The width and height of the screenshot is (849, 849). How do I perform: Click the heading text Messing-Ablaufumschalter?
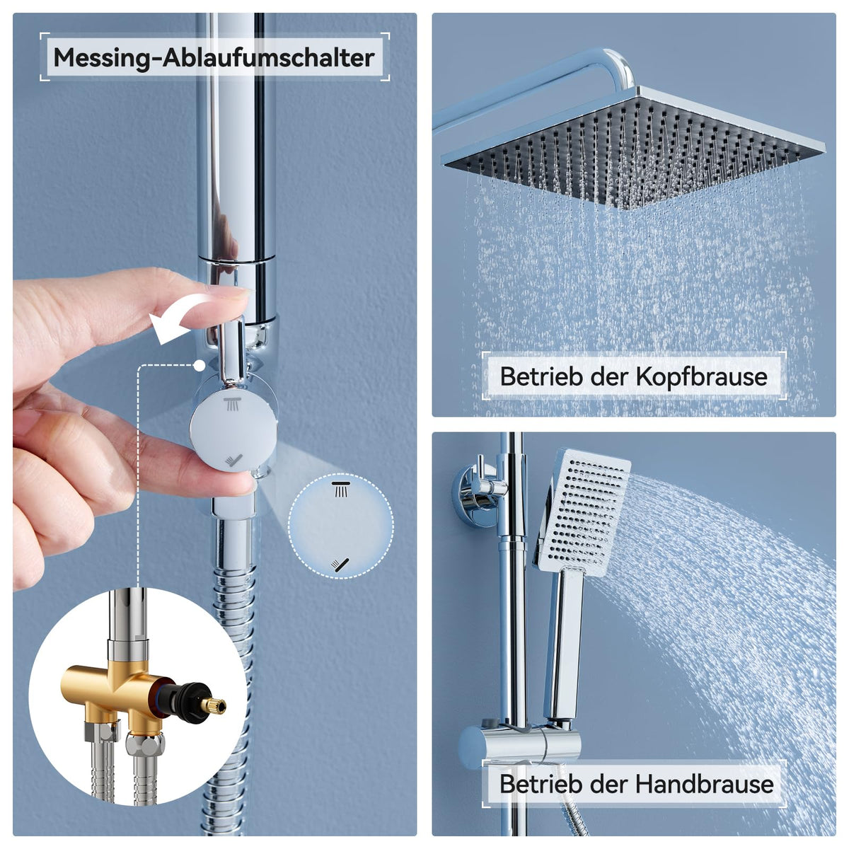point(214,58)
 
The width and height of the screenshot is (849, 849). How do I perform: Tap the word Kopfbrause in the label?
point(701,376)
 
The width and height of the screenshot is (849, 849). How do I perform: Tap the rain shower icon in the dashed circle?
point(340,490)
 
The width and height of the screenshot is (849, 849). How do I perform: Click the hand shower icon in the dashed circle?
point(340,565)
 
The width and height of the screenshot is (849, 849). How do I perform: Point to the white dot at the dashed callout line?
point(200,365)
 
